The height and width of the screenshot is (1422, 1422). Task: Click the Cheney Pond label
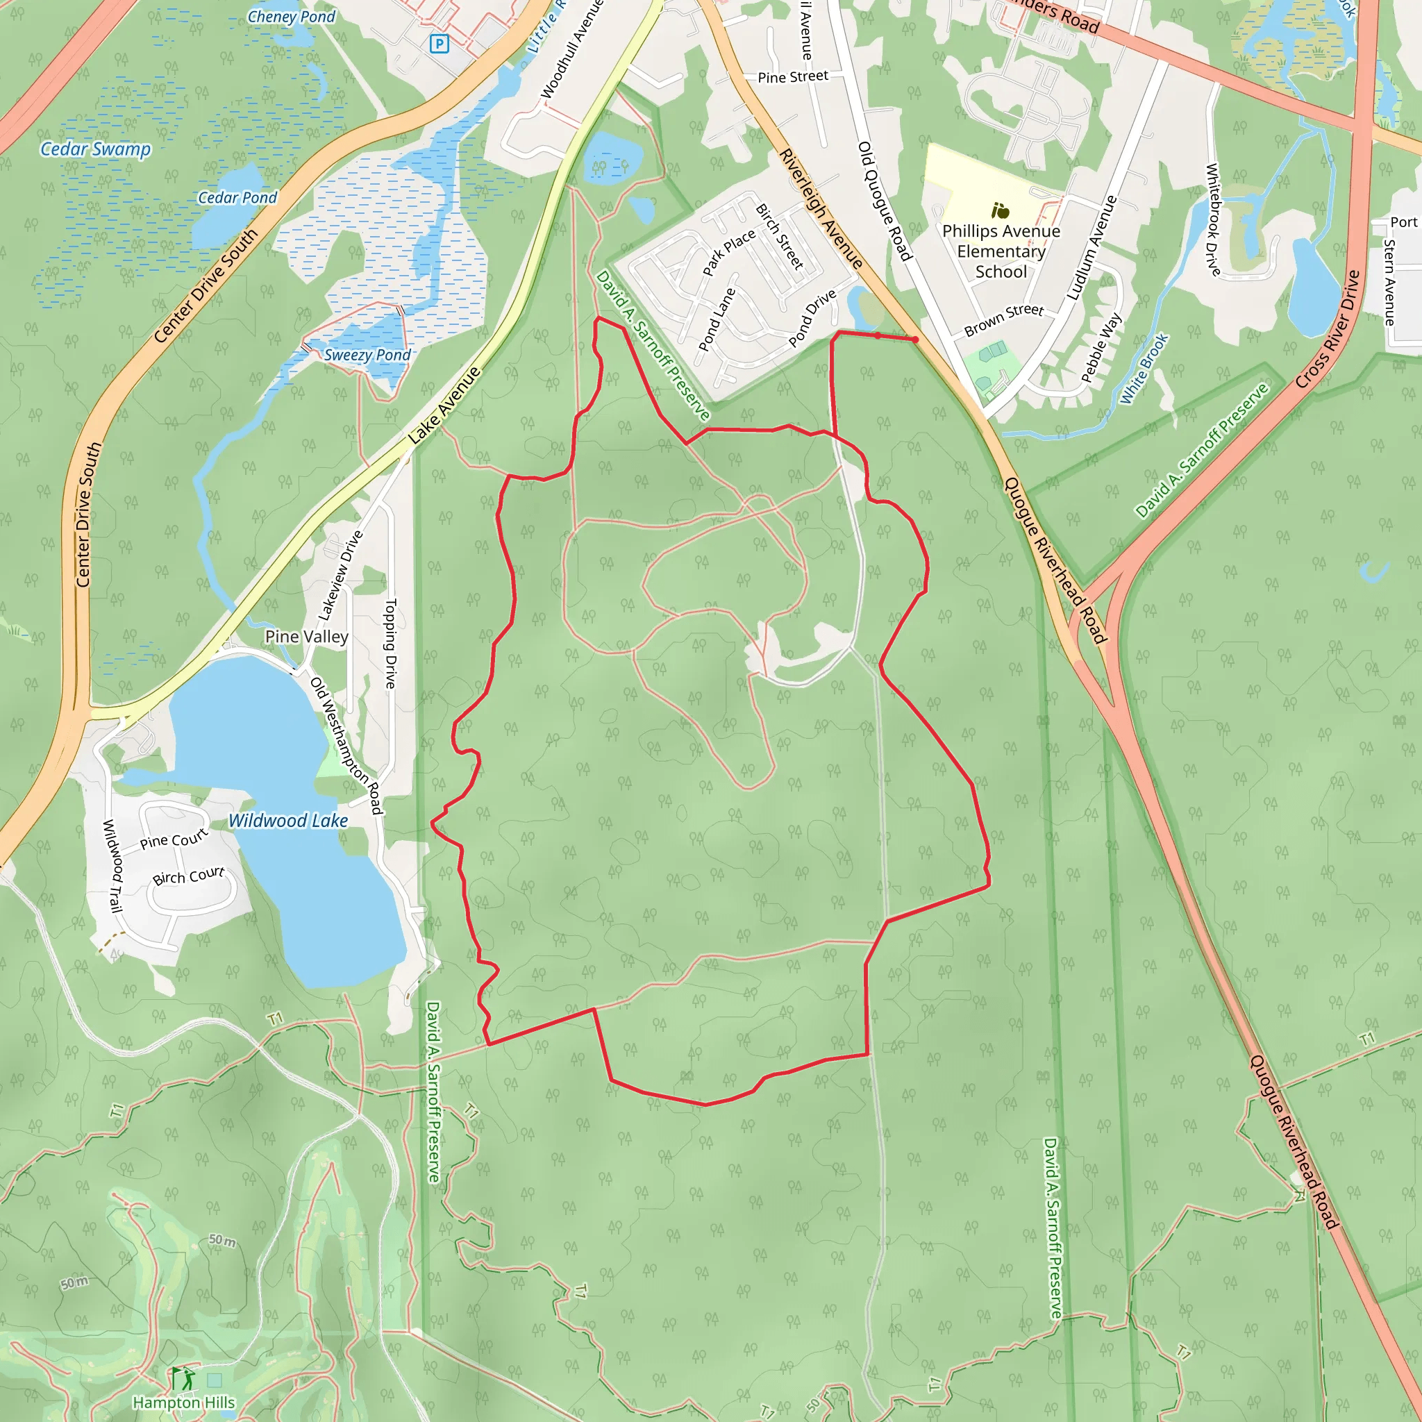coord(291,17)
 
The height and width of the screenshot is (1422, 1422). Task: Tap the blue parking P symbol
coord(439,44)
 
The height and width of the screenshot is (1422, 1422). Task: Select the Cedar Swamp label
coord(96,149)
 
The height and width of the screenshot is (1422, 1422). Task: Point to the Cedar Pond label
coord(237,197)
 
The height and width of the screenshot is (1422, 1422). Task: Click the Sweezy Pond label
coord(367,355)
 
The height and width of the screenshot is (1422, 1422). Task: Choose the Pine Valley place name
coord(306,637)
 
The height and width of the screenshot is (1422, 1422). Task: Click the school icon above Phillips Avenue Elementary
coord(1000,211)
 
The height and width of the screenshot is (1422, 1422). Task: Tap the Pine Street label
coord(793,76)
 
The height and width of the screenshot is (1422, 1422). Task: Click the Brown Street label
coord(1004,320)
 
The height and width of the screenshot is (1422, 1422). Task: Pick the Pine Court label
coord(174,840)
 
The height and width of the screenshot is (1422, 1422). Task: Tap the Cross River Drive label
coord(1327,329)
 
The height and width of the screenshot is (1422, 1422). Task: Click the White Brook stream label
coord(1144,369)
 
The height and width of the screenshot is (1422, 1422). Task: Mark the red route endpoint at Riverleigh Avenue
coord(916,340)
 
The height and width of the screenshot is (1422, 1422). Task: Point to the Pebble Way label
coord(1101,347)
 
